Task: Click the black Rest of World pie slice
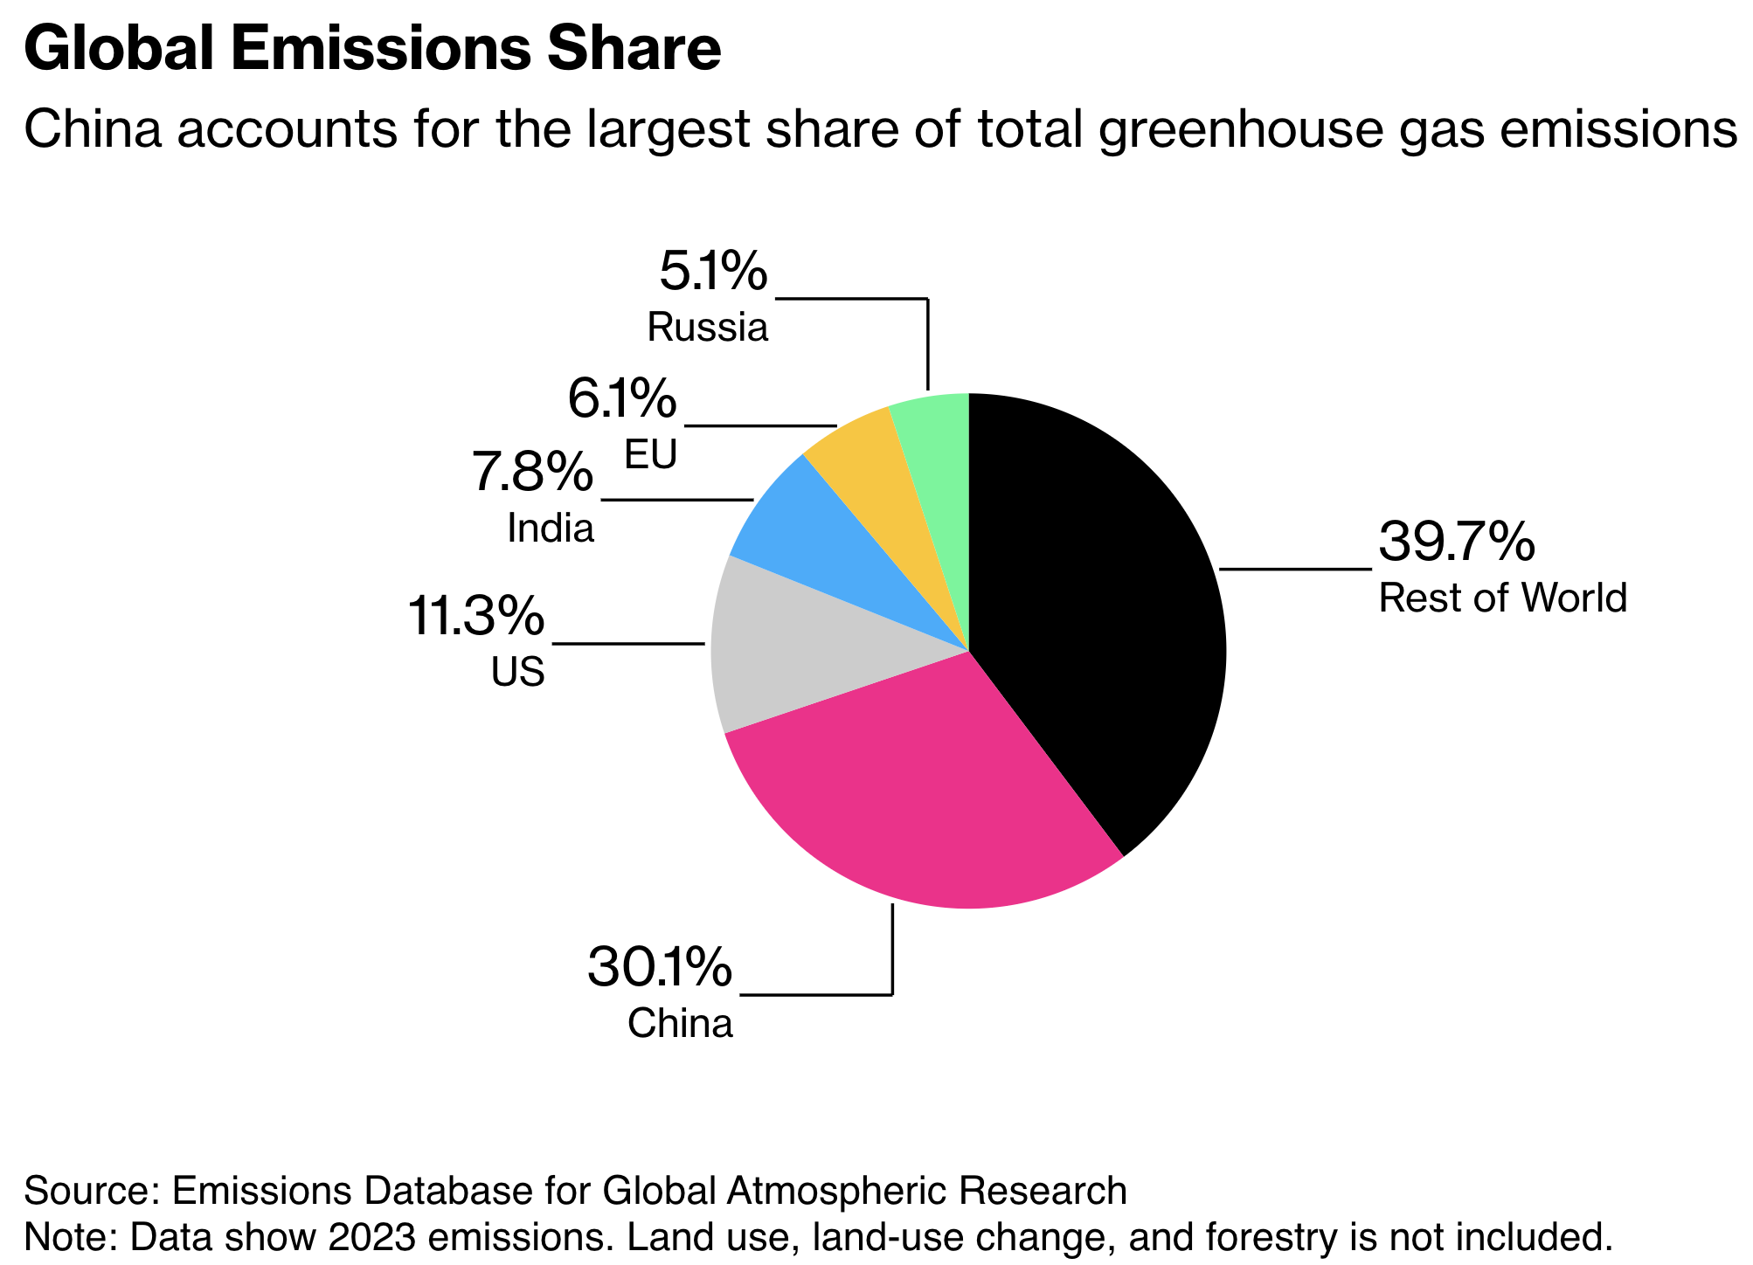[x=1101, y=612]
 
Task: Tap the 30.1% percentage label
[x=660, y=968]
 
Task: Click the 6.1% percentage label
[x=622, y=399]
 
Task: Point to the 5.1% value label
[x=713, y=272]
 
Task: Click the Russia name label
[x=708, y=328]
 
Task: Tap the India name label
[x=551, y=529]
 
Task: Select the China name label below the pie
[x=680, y=1024]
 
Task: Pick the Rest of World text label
[x=1502, y=598]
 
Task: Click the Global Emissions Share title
[x=372, y=50]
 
